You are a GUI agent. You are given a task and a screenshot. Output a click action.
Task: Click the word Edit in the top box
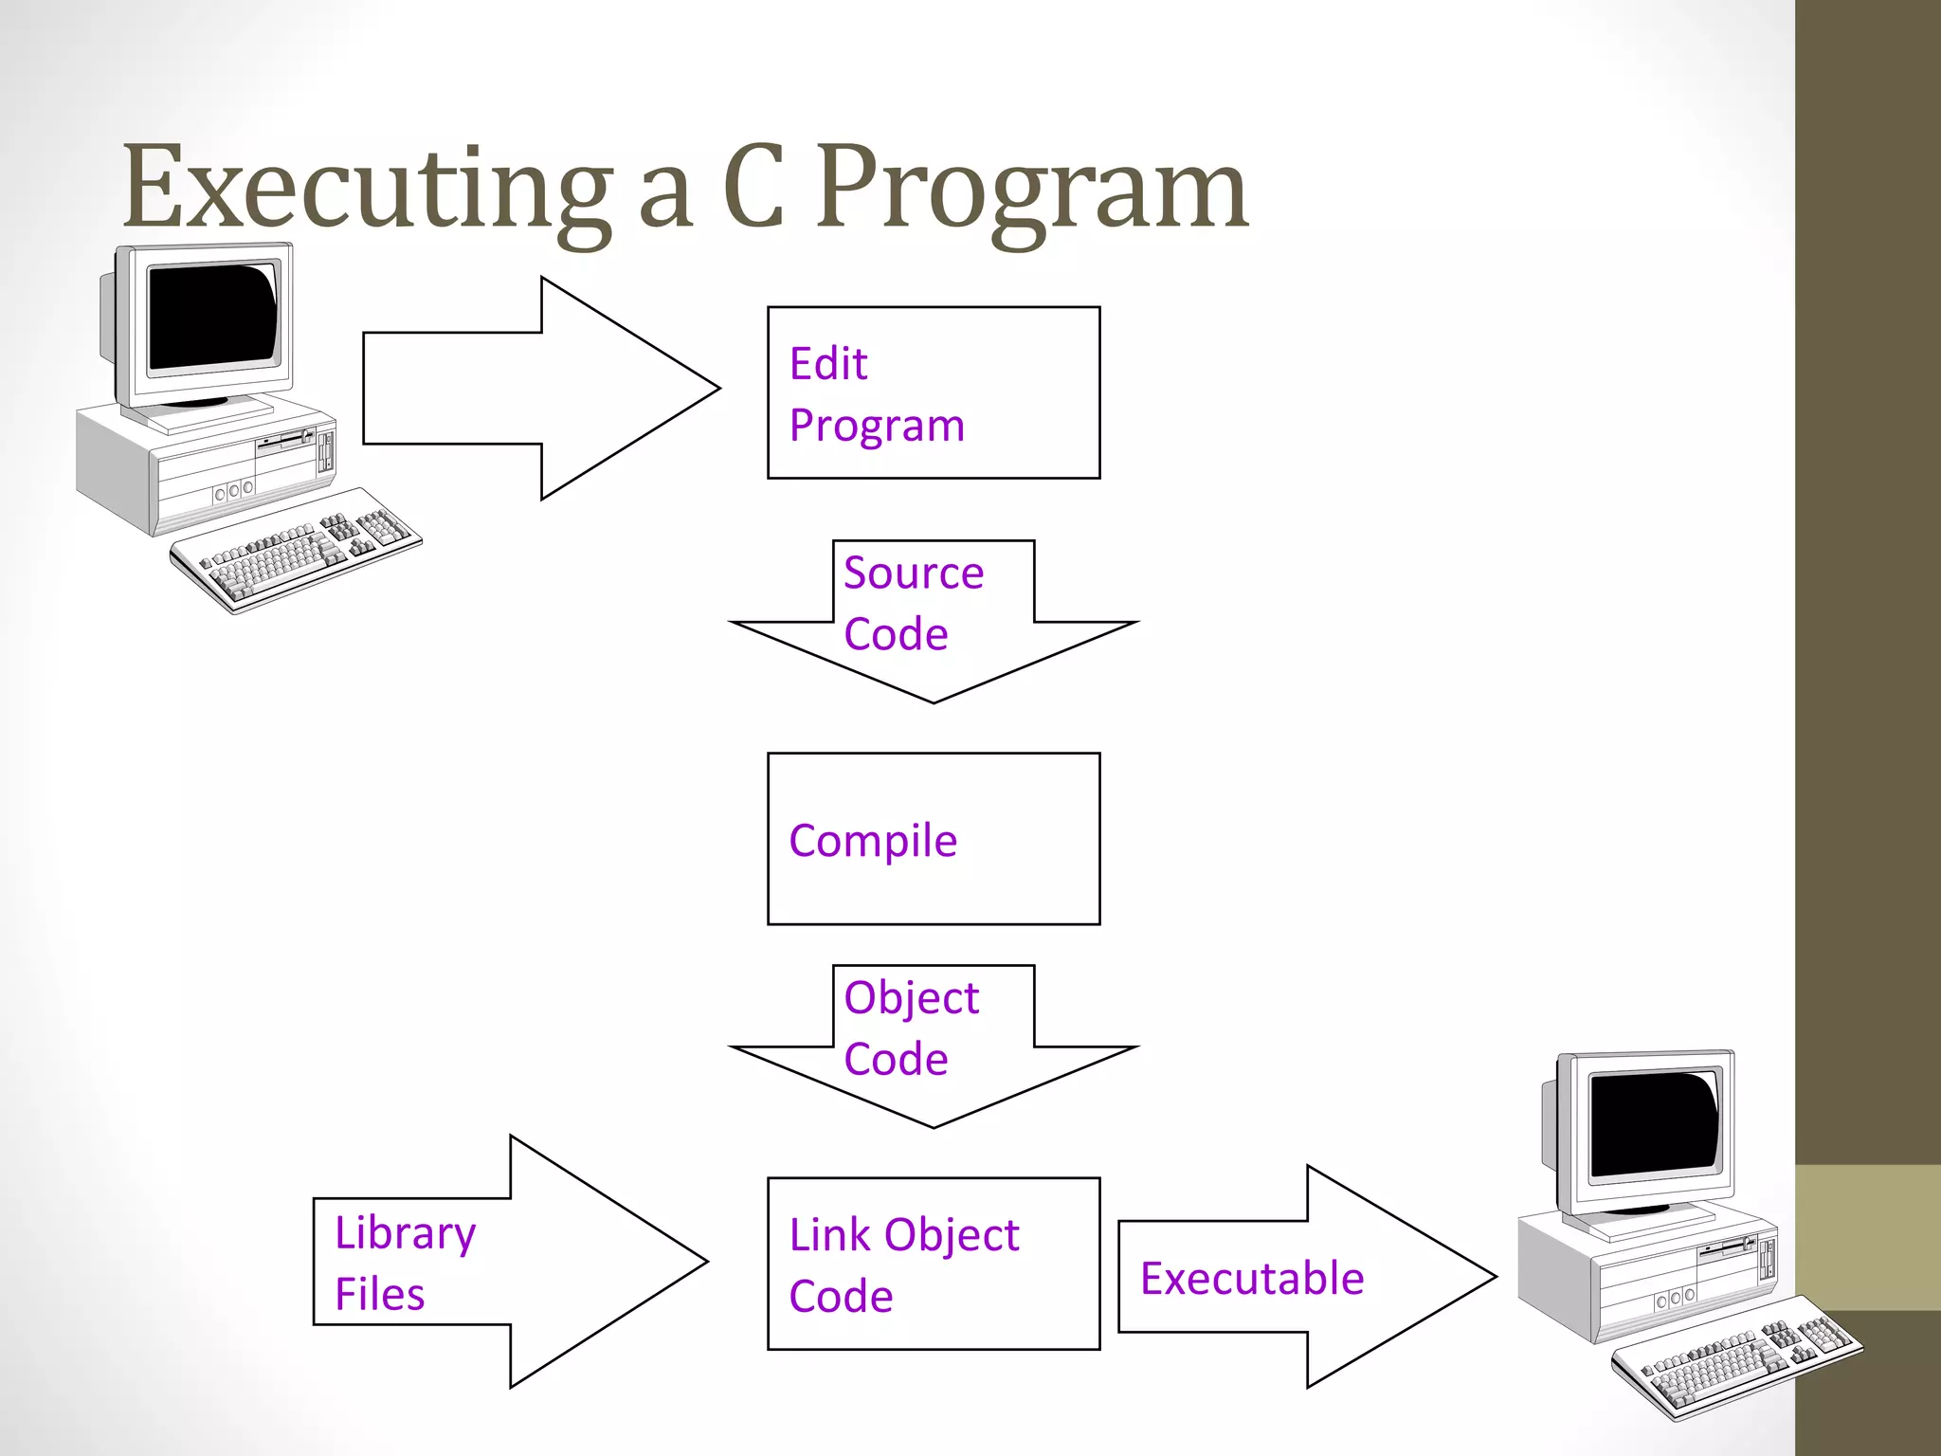coord(828,364)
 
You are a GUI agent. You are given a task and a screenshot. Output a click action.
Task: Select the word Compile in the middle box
coord(873,841)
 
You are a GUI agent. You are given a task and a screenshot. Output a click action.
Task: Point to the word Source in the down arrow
coord(914,573)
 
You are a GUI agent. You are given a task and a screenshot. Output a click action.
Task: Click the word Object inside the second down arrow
coord(911,997)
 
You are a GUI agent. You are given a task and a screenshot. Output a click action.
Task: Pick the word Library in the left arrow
coord(406,1233)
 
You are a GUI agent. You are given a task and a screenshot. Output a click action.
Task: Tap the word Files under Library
coord(379,1295)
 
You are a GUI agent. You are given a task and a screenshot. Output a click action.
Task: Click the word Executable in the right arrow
coord(1251,1279)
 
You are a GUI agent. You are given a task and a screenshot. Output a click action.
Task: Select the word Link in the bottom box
coord(828,1235)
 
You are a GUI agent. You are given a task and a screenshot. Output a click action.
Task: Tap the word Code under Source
coord(896,634)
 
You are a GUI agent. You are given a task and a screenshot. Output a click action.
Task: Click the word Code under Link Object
coord(841,1297)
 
